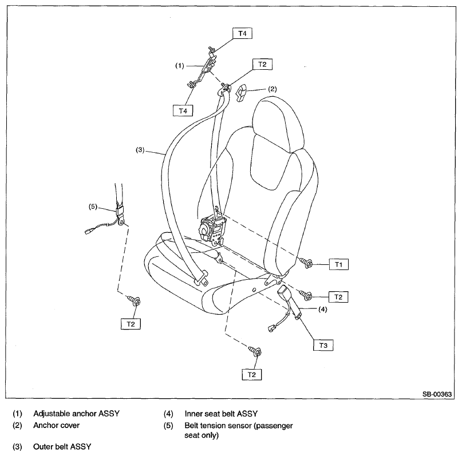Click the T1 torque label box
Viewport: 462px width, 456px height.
[x=338, y=264]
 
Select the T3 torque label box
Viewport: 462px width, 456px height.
[x=323, y=345]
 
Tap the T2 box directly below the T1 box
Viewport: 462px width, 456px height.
[x=338, y=297]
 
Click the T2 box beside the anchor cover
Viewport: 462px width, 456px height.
[x=262, y=65]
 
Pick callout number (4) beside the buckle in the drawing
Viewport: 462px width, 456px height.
[x=322, y=310]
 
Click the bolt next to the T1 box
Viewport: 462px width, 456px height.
[x=306, y=263]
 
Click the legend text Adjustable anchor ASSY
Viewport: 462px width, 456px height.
[x=76, y=413]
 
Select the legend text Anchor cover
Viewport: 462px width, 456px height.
[x=56, y=425]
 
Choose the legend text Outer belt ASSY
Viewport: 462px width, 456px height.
[x=62, y=446]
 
